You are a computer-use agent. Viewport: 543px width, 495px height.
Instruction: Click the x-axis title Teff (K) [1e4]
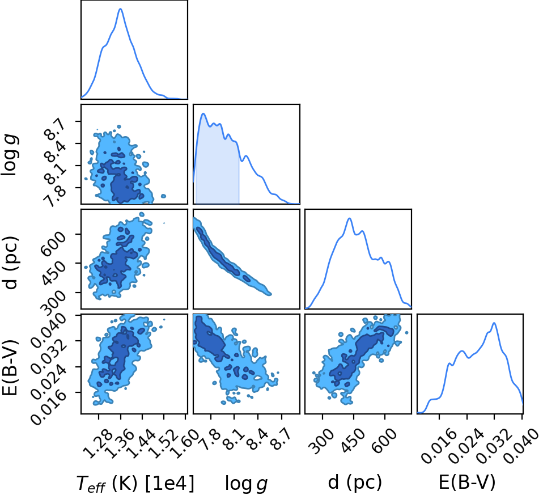pos(135,483)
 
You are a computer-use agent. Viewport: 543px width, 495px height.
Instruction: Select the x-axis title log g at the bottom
pos(246,484)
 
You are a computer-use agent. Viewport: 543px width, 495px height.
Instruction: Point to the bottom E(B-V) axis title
pos(467,482)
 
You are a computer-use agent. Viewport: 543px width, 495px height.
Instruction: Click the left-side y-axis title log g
pos(10,155)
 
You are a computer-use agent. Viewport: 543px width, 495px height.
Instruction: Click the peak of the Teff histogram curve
pos(121,9)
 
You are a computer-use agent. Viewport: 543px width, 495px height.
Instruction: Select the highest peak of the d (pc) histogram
pos(349,218)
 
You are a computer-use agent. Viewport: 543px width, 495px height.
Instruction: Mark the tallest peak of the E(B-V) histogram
pos(494,323)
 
